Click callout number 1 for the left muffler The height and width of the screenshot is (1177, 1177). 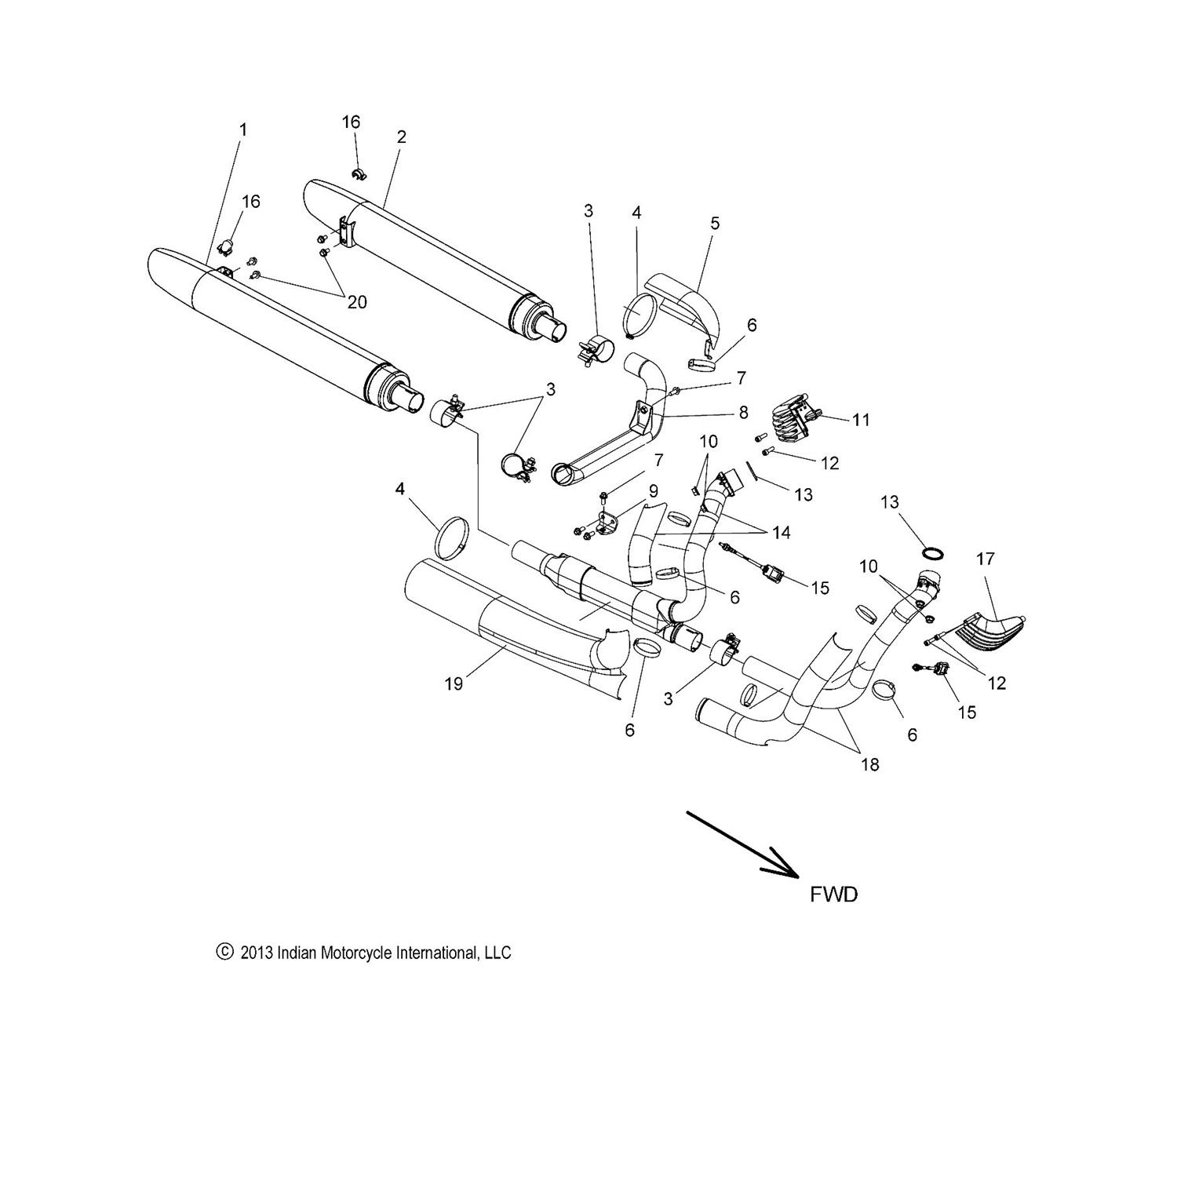[243, 129]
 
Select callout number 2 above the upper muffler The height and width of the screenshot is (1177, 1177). [402, 137]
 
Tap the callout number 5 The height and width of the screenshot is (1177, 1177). [715, 223]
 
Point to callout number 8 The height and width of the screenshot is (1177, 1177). [743, 413]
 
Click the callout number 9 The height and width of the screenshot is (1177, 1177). [653, 491]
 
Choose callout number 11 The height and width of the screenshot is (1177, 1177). [861, 420]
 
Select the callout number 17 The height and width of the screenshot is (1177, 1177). [986, 559]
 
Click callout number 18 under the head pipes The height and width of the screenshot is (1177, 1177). [869, 764]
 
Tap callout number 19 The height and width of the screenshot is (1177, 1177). [454, 683]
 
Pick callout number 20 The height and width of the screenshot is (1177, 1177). [357, 302]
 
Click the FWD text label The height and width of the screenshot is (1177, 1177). [833, 895]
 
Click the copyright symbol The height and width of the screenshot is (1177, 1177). [224, 952]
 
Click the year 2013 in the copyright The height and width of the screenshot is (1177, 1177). [257, 953]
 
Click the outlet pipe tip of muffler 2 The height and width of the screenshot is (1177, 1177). [554, 330]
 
